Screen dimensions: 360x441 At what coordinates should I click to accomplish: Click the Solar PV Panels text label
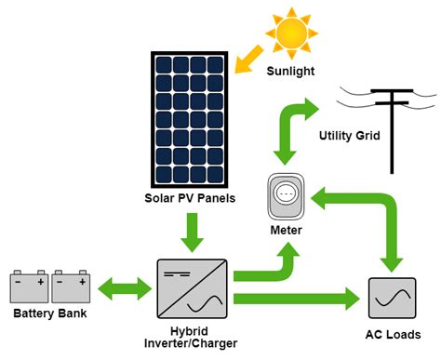click(191, 198)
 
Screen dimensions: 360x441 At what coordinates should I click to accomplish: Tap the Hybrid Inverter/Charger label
click(191, 336)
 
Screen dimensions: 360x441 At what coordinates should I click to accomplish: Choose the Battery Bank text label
click(48, 314)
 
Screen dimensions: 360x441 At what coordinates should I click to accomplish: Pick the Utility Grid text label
click(350, 136)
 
